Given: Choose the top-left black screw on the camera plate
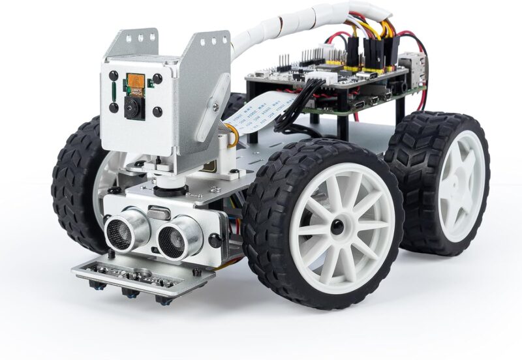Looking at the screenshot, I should click(114, 76).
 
